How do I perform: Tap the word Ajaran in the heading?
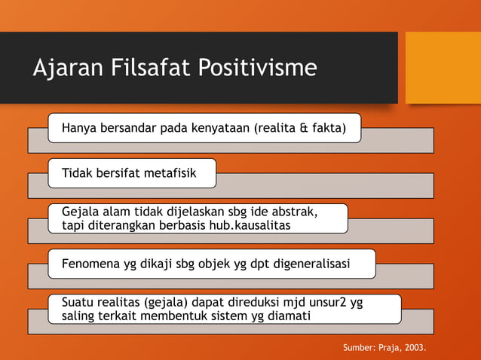pyautogui.click(x=62, y=69)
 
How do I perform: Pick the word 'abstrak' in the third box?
pyautogui.click(x=302, y=212)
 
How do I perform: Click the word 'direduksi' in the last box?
pyautogui.click(x=253, y=303)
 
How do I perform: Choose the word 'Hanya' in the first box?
pyautogui.click(x=78, y=128)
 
